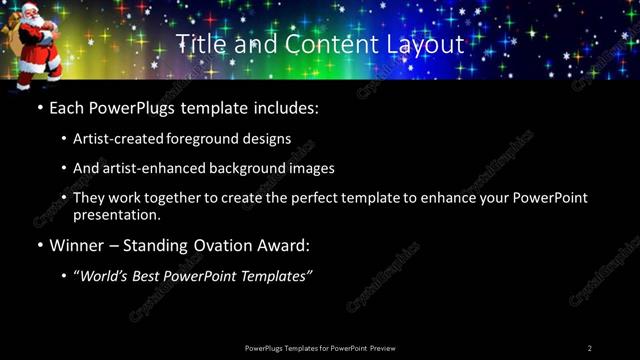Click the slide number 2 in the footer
tap(590, 348)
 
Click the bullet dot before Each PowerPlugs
tap(39, 107)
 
